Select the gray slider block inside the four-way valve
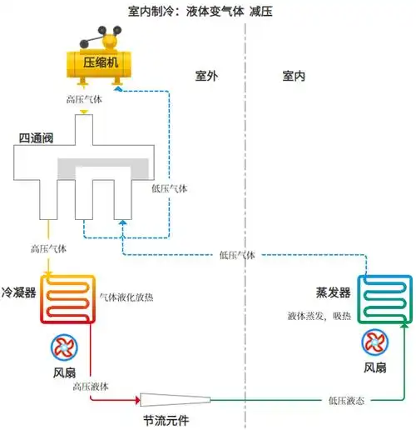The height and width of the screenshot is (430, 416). (x=103, y=165)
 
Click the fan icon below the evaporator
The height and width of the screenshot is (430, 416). (x=375, y=342)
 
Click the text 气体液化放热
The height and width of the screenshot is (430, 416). (x=126, y=296)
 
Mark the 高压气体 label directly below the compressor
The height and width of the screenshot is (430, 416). (x=86, y=98)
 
